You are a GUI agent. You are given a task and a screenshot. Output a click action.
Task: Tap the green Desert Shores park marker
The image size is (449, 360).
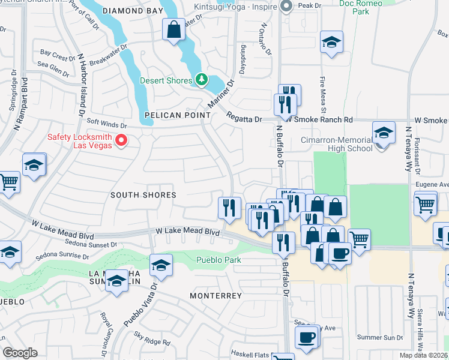202,80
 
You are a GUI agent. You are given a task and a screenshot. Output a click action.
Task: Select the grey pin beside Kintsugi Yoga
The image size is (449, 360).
286,7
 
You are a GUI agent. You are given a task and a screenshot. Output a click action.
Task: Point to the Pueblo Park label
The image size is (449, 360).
219,260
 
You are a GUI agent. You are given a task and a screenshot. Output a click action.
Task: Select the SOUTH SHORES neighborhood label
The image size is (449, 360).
143,195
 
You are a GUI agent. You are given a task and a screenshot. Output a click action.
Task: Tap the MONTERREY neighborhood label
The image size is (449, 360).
215,296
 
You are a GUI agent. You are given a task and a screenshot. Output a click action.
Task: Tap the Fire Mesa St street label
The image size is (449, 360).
322,96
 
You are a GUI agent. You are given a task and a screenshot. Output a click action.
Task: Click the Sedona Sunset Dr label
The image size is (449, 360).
88,245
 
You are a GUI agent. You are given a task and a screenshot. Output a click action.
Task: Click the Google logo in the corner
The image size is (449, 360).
20,353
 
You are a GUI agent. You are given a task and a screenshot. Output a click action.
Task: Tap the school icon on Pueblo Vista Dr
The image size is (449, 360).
161,265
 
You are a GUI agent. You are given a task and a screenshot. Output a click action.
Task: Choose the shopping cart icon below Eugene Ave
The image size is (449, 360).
425,205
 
